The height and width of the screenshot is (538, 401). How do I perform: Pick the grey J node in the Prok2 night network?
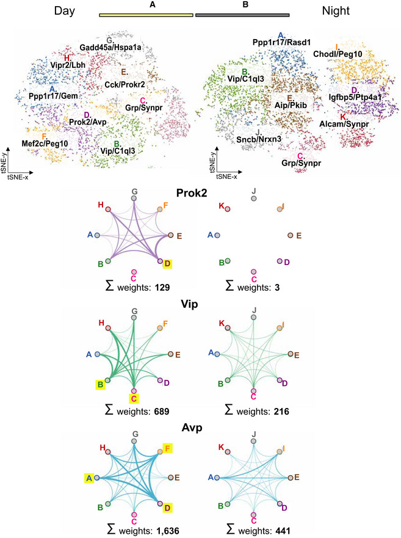point(254,198)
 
